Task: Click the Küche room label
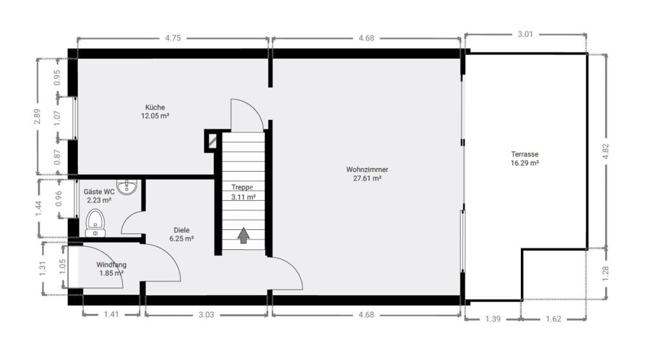155,111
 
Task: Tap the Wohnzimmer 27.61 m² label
367,174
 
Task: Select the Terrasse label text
525,159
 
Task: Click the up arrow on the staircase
243,236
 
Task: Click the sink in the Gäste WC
127,186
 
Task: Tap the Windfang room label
111,269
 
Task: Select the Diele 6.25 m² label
181,234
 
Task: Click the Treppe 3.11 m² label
243,192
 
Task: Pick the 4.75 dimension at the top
172,38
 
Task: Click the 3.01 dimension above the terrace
525,34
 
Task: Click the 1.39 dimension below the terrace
493,319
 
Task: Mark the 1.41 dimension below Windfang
111,316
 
